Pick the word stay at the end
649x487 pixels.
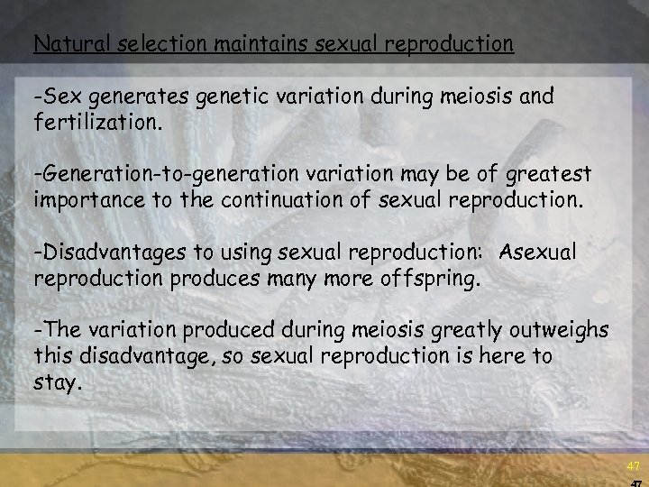tap(56, 381)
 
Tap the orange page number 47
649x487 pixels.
tap(633, 466)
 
